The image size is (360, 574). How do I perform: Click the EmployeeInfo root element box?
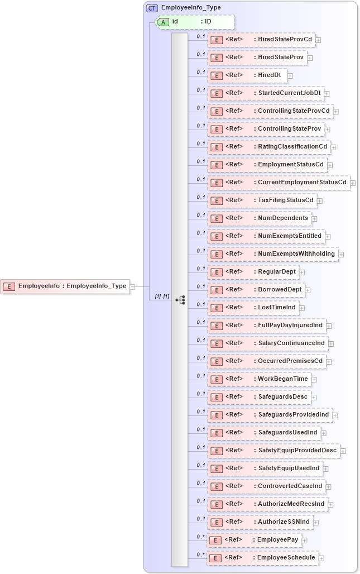coord(65,286)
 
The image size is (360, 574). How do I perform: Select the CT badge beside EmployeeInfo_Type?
coord(152,8)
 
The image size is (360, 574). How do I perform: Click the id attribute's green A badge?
coord(163,22)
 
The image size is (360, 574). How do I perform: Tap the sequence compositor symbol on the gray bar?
coord(180,300)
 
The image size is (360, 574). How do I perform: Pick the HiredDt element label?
coord(270,75)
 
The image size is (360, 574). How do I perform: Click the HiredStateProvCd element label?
coord(285,39)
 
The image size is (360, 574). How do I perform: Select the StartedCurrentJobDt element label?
coord(290,93)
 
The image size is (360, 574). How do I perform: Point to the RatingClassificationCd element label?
coord(292,146)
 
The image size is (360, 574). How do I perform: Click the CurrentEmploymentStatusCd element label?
coord(302,182)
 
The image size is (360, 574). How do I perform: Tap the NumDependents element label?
coord(282,218)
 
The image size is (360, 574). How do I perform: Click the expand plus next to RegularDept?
coord(302,272)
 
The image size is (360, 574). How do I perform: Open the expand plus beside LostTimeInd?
coord(301,308)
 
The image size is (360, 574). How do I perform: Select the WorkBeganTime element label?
coord(282,379)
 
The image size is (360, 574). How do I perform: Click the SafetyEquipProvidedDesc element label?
coord(297,450)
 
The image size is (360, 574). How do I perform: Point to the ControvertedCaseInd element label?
coord(290,486)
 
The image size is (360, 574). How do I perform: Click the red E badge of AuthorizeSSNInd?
coord(215,522)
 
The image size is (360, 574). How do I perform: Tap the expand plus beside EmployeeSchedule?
coord(321,558)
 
